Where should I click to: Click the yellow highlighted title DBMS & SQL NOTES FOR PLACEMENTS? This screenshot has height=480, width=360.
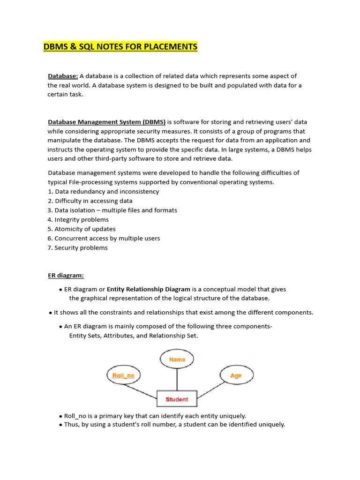click(x=120, y=47)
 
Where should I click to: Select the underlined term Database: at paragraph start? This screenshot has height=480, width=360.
click(x=63, y=76)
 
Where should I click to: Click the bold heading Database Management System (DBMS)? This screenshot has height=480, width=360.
click(x=106, y=122)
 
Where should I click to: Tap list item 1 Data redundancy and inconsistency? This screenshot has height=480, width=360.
click(x=103, y=192)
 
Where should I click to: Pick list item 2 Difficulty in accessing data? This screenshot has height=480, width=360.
click(x=90, y=201)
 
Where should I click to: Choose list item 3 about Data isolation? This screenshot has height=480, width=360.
click(x=112, y=210)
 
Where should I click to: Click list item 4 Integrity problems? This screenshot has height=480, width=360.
click(x=78, y=220)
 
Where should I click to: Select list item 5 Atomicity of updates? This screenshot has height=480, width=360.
click(x=82, y=229)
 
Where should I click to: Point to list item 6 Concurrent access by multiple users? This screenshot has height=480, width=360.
click(x=104, y=239)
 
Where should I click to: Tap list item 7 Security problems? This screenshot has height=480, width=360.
click(x=77, y=248)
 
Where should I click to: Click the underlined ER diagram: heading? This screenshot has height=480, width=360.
click(x=66, y=276)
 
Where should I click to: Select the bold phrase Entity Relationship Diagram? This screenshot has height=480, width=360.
click(x=148, y=289)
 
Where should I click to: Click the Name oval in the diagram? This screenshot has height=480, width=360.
click(x=177, y=360)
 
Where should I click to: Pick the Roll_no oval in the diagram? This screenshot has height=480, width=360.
click(x=123, y=375)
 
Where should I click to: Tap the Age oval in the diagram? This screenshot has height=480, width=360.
click(x=236, y=375)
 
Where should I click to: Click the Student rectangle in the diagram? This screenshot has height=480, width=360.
click(x=177, y=399)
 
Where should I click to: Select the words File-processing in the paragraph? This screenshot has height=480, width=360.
click(x=90, y=182)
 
